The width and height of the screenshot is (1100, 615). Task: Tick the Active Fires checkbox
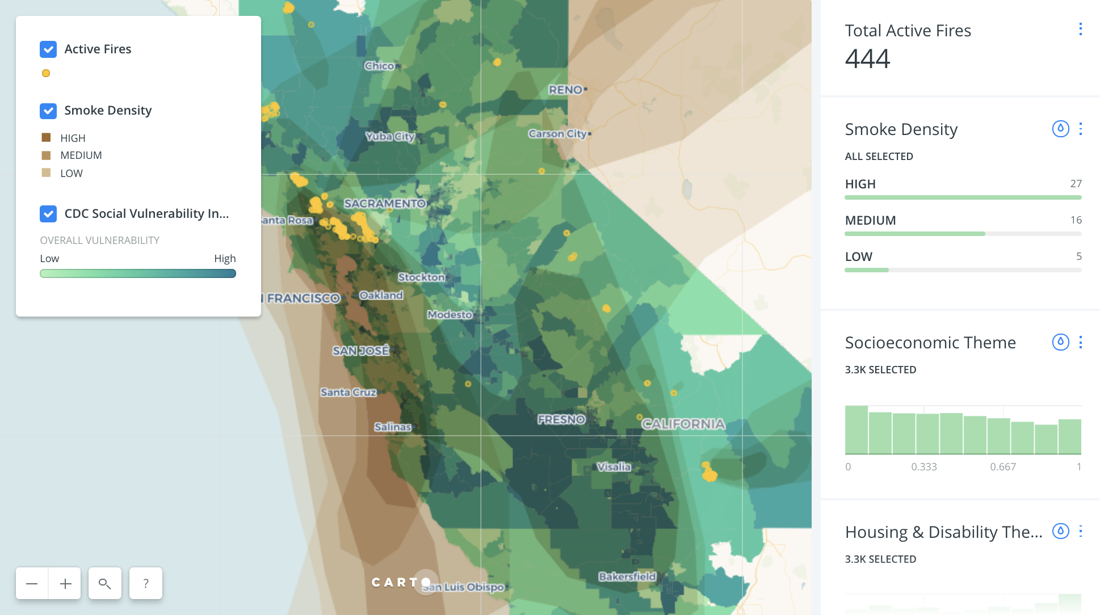click(x=48, y=49)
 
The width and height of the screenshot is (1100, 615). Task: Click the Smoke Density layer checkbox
click(x=48, y=111)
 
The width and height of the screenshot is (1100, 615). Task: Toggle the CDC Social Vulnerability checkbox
click(x=48, y=214)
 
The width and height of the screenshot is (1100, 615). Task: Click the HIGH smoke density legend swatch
click(x=47, y=138)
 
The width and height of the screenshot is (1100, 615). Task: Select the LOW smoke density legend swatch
click(x=47, y=173)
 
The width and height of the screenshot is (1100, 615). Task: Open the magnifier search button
click(x=105, y=583)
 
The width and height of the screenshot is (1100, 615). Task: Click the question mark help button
click(x=146, y=583)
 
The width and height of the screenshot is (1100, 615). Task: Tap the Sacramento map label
click(x=384, y=203)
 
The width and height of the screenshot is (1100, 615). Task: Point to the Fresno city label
click(x=561, y=419)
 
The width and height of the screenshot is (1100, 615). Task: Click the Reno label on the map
click(x=565, y=90)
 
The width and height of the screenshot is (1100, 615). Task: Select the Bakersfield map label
click(x=627, y=576)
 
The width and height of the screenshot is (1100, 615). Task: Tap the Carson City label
click(x=557, y=134)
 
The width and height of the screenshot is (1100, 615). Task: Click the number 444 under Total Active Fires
click(x=867, y=59)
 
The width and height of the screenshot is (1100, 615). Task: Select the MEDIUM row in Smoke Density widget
click(x=871, y=220)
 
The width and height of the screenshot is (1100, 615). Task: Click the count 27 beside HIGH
click(x=1076, y=184)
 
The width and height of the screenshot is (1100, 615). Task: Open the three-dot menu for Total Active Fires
click(x=1080, y=29)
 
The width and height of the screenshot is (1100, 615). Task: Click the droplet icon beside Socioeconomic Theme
click(x=1060, y=342)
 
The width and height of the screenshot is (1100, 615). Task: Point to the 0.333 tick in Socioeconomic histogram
click(x=924, y=467)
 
